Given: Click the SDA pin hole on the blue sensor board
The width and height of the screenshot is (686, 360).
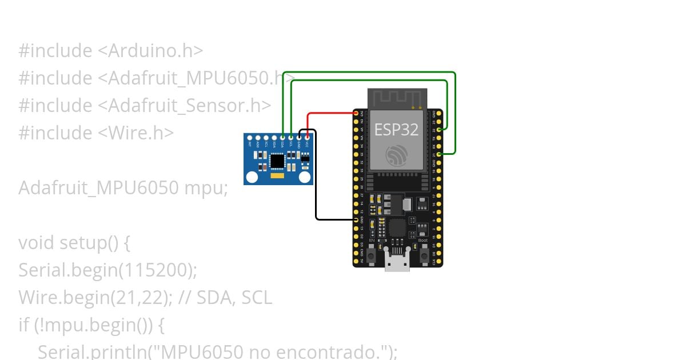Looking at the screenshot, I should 283,137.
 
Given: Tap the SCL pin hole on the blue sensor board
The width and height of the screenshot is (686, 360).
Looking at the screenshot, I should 291,137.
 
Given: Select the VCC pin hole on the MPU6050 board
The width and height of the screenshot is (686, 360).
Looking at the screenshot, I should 308,137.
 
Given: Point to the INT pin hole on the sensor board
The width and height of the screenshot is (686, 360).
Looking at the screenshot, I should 250,137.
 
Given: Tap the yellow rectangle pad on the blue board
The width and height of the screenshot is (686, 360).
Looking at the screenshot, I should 278,178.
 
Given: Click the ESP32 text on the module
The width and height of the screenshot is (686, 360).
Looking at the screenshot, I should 396,130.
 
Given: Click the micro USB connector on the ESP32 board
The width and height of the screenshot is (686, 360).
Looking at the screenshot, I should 397,264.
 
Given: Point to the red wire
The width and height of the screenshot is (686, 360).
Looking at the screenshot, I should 329,113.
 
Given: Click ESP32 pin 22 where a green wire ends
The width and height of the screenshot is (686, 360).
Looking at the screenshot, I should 438,130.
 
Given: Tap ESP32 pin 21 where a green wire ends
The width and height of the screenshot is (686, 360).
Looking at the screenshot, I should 438,154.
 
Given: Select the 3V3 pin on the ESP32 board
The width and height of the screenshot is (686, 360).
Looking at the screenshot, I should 356,113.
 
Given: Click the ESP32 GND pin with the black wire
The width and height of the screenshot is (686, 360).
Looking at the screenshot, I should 356,219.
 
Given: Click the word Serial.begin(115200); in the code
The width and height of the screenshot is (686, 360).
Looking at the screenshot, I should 107,270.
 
